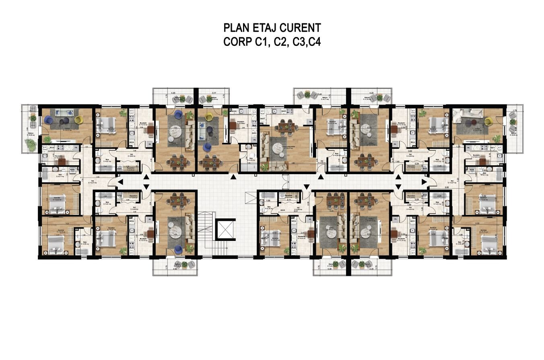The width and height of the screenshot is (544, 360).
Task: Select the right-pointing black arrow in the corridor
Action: click(424, 182)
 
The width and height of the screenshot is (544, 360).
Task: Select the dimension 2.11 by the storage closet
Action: click(288, 200)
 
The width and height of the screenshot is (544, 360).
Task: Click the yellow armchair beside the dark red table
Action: click(488, 120)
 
